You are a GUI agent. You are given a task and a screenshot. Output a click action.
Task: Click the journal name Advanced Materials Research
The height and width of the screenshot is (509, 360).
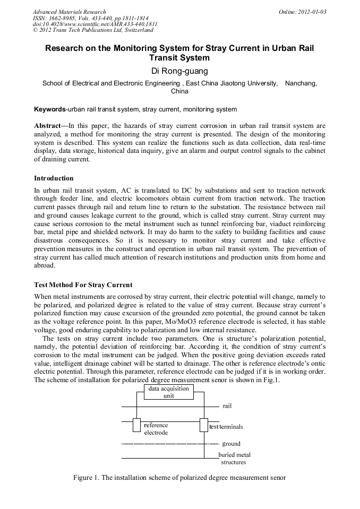coord(69,12)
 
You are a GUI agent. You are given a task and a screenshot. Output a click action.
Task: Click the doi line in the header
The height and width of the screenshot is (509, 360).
coord(95,24)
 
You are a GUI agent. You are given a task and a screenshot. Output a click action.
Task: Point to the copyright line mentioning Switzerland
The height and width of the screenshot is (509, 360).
coord(93,30)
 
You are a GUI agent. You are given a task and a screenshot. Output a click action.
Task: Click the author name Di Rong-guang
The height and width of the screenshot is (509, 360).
coord(179,71)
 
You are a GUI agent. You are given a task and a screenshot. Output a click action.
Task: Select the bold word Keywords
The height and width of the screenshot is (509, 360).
coord(50,109)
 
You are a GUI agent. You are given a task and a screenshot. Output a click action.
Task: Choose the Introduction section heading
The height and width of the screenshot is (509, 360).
coord(54,178)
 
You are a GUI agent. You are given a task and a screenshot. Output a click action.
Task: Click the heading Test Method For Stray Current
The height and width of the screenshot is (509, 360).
coord(83,285)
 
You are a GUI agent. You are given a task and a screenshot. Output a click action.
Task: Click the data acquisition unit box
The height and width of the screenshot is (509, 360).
coord(168,392)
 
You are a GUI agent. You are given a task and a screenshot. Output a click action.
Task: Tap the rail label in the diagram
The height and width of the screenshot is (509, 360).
coord(227,406)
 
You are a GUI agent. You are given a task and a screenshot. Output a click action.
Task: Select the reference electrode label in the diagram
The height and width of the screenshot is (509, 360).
coord(156,429)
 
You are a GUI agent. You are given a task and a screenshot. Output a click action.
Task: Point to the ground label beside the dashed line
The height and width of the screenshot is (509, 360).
coord(231,444)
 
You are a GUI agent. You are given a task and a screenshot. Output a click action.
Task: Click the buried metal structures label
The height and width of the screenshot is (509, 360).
coord(234,459)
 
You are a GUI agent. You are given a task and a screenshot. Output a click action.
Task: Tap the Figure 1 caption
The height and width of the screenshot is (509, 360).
coord(179,478)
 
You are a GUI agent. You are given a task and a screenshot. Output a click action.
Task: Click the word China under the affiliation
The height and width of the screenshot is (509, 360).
coord(179,91)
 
